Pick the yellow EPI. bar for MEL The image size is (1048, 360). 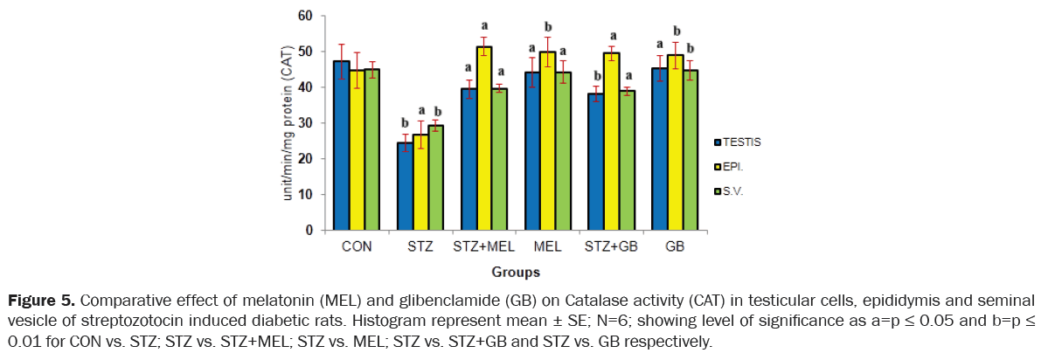click(x=547, y=141)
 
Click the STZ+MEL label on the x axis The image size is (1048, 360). click(x=483, y=246)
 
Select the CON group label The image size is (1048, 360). click(x=357, y=246)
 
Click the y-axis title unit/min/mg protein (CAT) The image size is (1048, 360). click(x=288, y=122)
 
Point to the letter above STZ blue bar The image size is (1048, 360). click(x=404, y=122)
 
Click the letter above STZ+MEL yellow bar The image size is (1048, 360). click(x=483, y=25)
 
